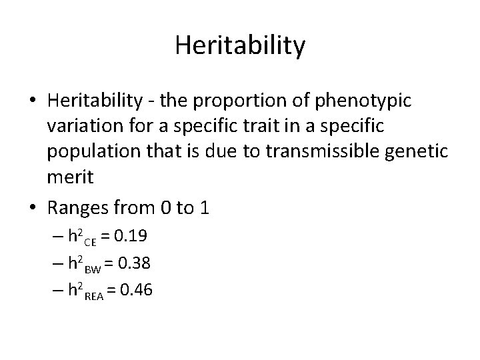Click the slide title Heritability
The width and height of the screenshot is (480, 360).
pyautogui.click(x=240, y=46)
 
